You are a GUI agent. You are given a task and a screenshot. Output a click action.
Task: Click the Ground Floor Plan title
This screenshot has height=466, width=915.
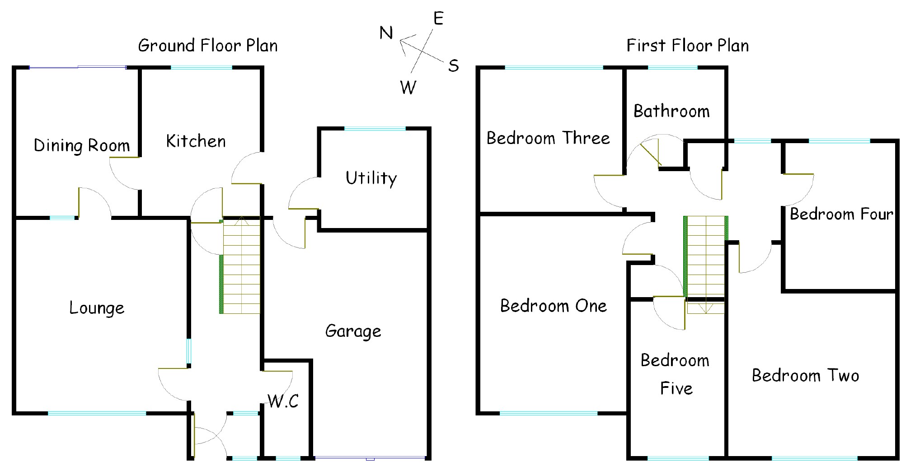click(x=208, y=46)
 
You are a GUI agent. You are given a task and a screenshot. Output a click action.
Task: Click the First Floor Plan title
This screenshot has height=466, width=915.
click(x=688, y=46)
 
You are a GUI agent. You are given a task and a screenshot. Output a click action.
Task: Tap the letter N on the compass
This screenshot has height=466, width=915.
click(x=386, y=33)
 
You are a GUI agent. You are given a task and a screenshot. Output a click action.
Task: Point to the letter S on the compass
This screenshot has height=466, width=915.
click(x=454, y=66)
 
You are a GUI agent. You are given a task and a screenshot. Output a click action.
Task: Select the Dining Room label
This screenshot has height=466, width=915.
click(x=82, y=145)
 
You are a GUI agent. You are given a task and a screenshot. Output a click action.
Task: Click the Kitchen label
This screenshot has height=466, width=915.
click(x=196, y=141)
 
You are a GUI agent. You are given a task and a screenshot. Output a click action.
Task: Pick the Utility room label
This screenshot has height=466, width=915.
click(x=371, y=178)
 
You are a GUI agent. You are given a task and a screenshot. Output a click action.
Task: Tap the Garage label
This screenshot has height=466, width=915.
click(x=353, y=331)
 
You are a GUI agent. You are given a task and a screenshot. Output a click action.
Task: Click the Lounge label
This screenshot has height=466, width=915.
click(x=97, y=308)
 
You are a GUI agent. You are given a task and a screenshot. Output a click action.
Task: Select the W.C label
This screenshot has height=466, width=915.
click(x=283, y=401)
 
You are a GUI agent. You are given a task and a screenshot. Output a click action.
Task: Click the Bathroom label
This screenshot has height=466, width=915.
click(x=671, y=111)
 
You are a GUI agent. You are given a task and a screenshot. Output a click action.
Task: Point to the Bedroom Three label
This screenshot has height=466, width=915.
click(x=548, y=138)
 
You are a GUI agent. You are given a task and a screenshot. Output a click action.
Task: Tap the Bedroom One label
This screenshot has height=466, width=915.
click(x=554, y=306)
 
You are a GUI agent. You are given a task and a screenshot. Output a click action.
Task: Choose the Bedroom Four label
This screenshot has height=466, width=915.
click(x=841, y=214)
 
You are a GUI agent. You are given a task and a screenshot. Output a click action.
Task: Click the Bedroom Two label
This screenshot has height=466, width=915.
click(x=806, y=375)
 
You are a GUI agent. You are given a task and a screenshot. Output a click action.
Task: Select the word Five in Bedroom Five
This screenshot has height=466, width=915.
click(x=676, y=388)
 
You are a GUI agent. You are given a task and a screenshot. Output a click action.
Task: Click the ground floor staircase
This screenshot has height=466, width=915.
click(x=240, y=265)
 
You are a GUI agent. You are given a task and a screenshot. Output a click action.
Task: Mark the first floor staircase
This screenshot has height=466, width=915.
click(x=705, y=265)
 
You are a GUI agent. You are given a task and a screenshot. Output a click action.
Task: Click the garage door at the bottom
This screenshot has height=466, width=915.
click(x=370, y=458)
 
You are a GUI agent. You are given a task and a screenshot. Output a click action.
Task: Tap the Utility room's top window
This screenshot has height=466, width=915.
click(x=375, y=129)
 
